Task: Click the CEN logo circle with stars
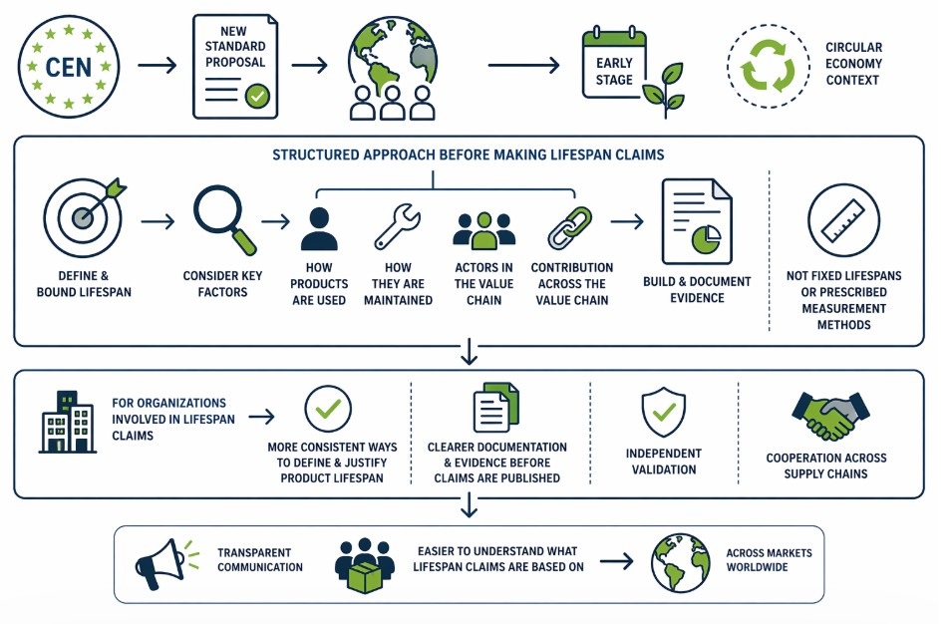69,67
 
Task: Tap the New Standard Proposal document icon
234,67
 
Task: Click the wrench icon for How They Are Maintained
397,226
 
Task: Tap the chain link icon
570,227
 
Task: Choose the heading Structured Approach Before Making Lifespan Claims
469,156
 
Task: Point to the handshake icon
828,415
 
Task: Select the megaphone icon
160,563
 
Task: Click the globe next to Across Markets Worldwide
680,562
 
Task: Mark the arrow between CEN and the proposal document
158,66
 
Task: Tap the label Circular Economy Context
853,63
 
